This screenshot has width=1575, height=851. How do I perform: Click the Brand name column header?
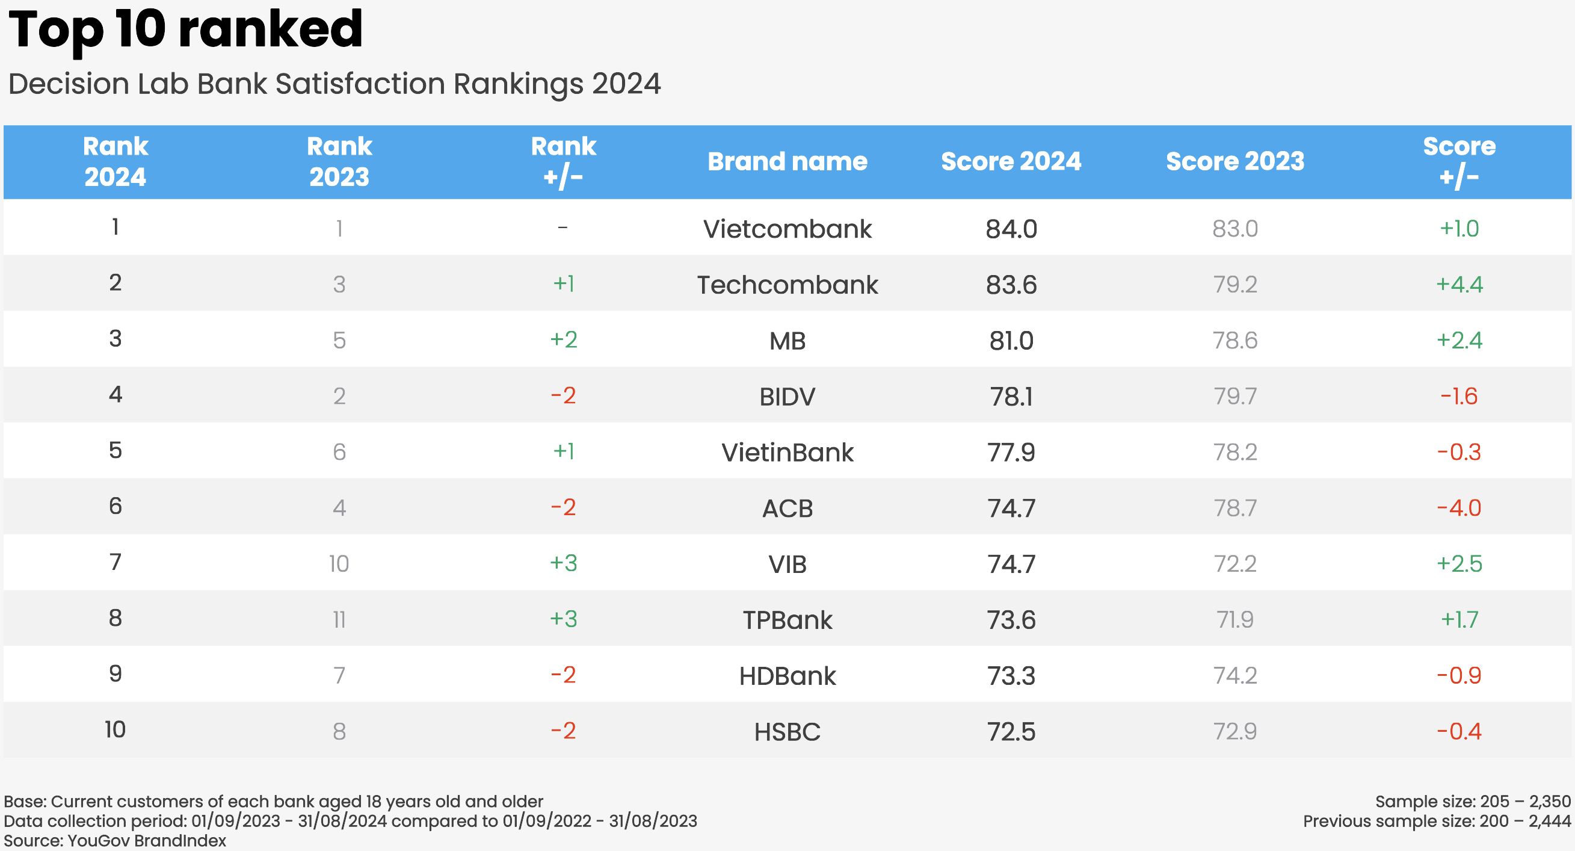point(787,161)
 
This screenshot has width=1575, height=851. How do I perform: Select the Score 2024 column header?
point(1011,161)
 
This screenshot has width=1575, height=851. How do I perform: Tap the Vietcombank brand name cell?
point(787,229)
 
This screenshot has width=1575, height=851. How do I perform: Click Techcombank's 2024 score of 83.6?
point(1011,285)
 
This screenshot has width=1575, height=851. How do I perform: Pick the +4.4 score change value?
point(1459,285)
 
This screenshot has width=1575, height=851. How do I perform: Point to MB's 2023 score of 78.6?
point(1234,341)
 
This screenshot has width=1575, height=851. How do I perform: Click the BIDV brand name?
point(787,397)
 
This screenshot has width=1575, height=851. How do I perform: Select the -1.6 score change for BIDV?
point(1459,397)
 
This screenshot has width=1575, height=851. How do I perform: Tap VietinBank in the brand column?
point(787,453)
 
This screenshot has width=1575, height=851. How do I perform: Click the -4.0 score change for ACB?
point(1459,509)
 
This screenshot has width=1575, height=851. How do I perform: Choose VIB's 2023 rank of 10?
point(339,564)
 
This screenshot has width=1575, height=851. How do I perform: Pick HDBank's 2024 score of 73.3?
point(1011,676)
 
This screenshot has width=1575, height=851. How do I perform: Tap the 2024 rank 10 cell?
point(115,730)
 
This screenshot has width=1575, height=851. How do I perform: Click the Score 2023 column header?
point(1234,161)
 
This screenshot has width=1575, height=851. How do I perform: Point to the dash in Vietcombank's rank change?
point(562,228)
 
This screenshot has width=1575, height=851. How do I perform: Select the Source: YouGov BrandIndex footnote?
point(115,841)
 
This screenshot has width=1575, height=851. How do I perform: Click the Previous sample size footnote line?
point(1436,821)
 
